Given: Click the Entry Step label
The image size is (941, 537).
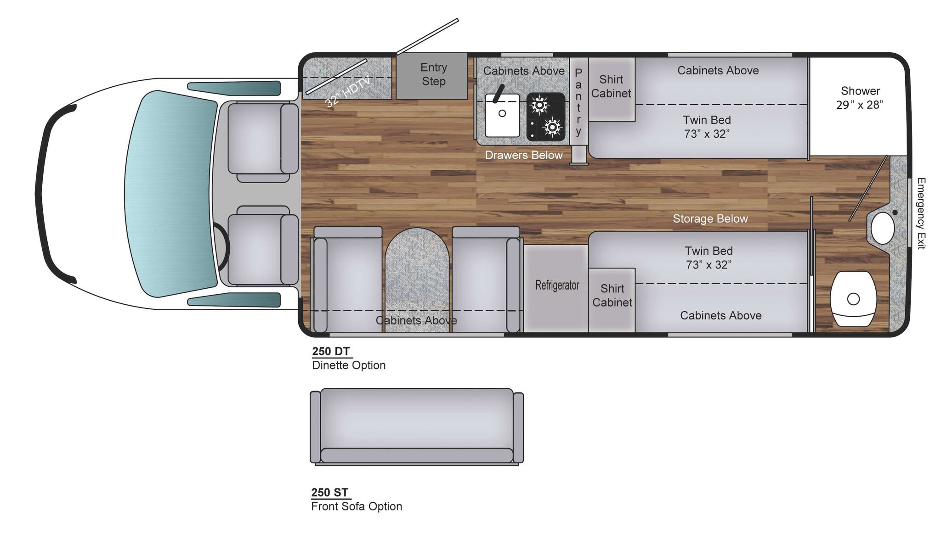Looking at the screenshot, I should tap(433, 74).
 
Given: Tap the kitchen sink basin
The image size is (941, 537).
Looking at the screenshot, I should tap(502, 116).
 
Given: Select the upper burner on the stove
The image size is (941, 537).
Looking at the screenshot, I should tap(539, 106).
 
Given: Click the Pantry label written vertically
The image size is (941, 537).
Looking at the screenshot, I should tap(578, 102).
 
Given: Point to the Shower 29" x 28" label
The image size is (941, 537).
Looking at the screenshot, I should tap(859, 98).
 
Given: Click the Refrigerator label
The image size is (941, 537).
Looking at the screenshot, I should tap(557, 285).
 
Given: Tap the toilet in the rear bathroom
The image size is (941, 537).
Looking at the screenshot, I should tap(853, 299).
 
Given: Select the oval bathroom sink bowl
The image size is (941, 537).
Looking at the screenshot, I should tap(883, 228).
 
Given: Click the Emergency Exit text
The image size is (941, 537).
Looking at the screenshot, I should tap(921, 213).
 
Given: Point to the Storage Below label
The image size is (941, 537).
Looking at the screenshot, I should tap(710, 219).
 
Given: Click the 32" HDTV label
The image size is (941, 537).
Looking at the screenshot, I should tap(348, 92).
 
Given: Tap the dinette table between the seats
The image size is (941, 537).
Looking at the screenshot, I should tap(417, 275).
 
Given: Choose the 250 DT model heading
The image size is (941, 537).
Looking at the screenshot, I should tap(331, 352).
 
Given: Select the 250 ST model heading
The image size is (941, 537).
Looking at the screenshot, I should tap(329, 492).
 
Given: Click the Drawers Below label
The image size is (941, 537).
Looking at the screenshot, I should tap(523, 155).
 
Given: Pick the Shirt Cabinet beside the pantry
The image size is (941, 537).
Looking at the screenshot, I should tap(611, 86).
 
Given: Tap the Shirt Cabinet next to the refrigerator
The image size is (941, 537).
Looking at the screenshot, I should tap(612, 296).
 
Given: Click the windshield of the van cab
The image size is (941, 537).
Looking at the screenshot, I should tap(170, 193).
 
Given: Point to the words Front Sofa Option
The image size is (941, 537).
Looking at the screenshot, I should tap(357, 506).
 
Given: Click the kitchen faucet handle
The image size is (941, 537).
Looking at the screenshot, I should tap(499, 94).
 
